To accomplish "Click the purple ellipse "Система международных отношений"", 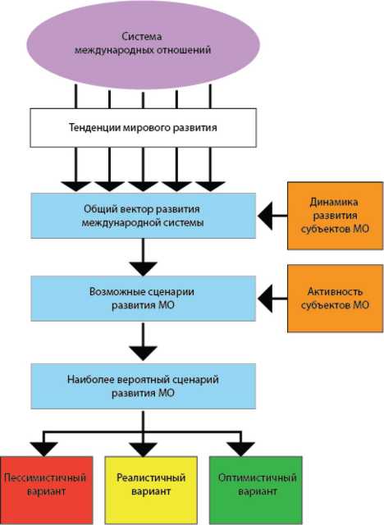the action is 143,45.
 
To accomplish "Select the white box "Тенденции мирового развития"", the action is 144,128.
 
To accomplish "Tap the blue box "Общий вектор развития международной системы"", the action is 144,216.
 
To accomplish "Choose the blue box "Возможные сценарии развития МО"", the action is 144,299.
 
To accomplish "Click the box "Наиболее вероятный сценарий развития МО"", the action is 144,386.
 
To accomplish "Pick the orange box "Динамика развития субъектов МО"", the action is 335,216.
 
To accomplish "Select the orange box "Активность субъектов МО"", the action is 335,299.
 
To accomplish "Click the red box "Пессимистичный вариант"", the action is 47,490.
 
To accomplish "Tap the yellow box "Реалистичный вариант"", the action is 151,490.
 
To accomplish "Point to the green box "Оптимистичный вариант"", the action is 256,490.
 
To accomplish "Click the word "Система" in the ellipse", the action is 142,36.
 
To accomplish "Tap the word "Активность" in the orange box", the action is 335,291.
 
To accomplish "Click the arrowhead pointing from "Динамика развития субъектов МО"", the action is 265,216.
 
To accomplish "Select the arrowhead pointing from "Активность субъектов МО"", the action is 265,299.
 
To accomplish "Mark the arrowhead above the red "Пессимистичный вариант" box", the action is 43,450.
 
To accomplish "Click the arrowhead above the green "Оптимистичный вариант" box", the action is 240,450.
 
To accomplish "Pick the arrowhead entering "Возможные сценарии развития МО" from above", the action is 144,269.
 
